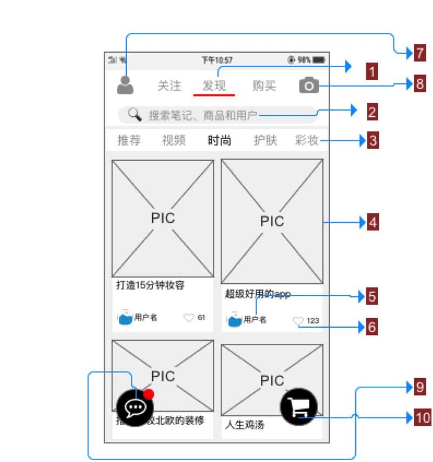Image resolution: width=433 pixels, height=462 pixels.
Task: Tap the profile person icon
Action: pos(125,85)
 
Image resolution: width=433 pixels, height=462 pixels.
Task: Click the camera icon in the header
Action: pos(309,85)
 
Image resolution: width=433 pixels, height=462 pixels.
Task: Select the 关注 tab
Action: pos(169,85)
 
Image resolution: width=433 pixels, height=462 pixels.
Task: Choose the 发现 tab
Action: pos(214,85)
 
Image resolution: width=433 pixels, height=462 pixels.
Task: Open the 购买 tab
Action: pos(264,85)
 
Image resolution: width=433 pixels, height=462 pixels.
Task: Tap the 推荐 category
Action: pos(129,141)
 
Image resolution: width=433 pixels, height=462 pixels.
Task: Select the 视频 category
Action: pos(174,141)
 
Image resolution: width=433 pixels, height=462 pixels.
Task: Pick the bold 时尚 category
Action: pos(219,141)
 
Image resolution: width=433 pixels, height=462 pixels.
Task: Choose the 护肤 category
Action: pos(265,141)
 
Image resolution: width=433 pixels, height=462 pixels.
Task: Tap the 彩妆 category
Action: pos(307,141)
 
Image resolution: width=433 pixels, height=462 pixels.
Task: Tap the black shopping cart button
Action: pos(298,407)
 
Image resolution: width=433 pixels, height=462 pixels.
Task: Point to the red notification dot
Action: pos(149,394)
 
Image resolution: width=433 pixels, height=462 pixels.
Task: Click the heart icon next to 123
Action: pos(298,321)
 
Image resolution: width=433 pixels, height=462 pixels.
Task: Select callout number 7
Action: pos(419,53)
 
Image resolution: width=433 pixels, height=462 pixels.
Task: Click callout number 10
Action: pos(422,418)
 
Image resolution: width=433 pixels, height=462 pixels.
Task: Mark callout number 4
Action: pos(372,222)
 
